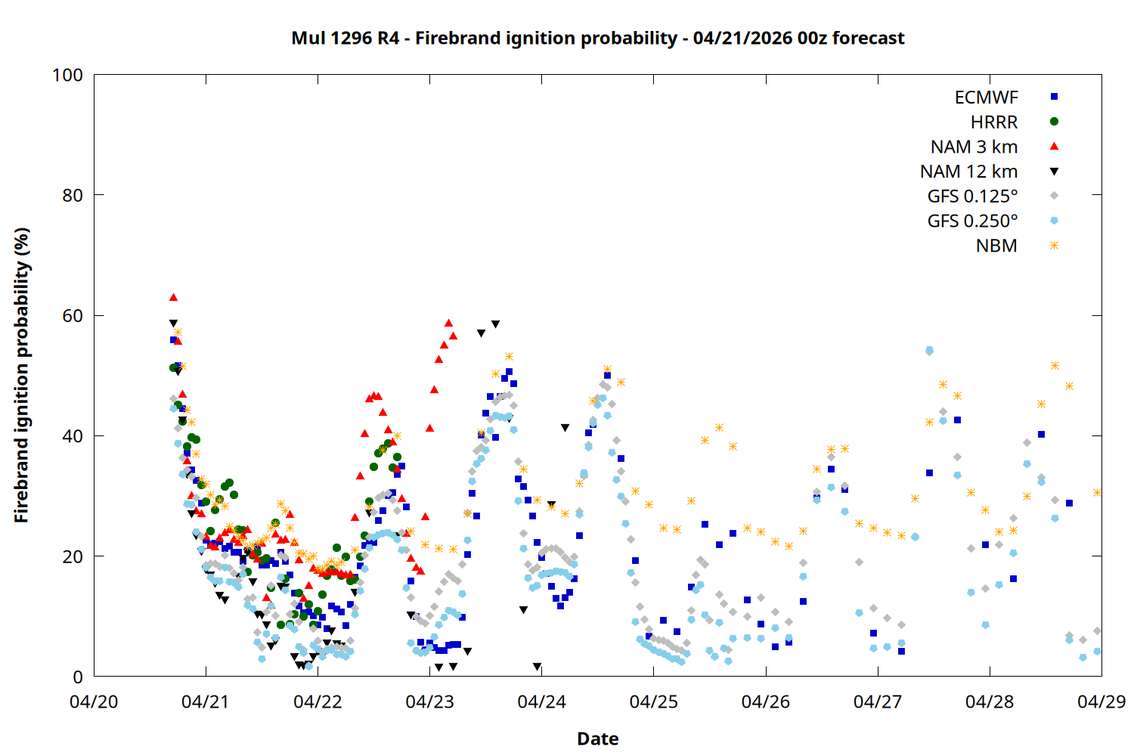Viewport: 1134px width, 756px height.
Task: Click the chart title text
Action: coord(597,38)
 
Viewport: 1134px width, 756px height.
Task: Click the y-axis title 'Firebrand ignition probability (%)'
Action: coord(22,376)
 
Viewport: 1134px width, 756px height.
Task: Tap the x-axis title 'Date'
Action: coord(597,739)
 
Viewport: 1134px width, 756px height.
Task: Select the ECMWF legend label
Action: coord(986,98)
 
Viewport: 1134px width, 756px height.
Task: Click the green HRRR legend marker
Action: coord(1054,122)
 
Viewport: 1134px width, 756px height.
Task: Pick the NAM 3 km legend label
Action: coord(974,147)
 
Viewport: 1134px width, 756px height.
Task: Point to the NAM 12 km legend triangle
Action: coord(1054,172)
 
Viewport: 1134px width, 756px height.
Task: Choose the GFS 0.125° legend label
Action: coord(972,197)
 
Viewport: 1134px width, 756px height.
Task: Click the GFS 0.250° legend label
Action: coord(972,222)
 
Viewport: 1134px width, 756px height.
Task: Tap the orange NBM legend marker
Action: coord(1054,246)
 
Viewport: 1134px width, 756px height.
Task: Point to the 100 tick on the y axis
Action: coord(67,75)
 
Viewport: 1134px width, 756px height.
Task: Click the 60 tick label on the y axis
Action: coord(73,316)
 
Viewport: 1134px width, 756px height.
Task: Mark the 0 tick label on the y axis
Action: coord(78,677)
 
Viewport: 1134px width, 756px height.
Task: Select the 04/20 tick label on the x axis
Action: coord(94,702)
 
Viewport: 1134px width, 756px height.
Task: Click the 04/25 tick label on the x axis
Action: coord(653,702)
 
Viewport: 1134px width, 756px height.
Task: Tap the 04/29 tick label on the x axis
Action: coord(1101,702)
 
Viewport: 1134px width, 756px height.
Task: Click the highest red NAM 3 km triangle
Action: coord(173,297)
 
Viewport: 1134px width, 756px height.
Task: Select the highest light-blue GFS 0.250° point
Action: coord(929,351)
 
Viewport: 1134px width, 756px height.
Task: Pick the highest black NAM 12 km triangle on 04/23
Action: coord(495,324)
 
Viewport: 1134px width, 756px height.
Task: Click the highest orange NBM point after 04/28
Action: coord(1055,365)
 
